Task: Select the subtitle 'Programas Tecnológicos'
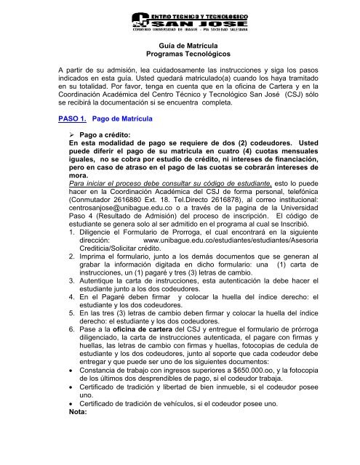click(180, 55)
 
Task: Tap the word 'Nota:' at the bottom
click(73, 436)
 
